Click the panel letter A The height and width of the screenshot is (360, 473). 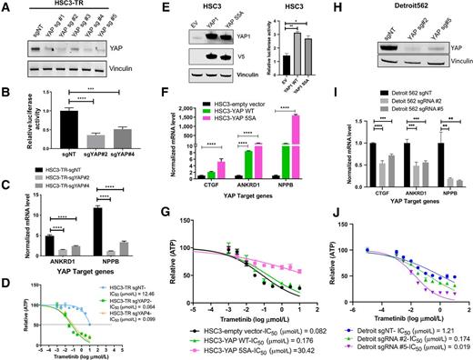click(x=6, y=7)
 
